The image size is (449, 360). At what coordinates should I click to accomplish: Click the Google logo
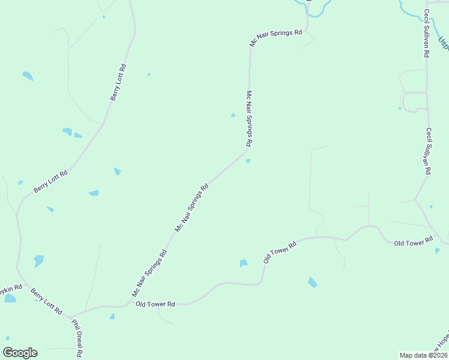[x=20, y=353]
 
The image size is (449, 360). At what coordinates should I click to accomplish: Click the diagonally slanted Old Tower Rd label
[x=280, y=252]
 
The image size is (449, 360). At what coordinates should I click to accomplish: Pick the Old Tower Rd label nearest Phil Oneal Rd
[x=155, y=305]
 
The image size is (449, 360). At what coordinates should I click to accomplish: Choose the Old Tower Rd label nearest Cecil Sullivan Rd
[x=413, y=242]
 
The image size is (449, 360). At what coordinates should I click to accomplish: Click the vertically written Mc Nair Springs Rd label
[x=250, y=119]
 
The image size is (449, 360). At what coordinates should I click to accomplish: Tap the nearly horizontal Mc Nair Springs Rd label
[x=276, y=37]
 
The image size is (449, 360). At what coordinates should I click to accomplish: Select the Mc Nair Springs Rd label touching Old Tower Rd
[x=149, y=273]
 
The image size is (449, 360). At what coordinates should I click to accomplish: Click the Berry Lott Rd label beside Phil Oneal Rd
[x=47, y=301]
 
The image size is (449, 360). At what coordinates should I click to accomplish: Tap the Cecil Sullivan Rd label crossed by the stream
[x=426, y=34]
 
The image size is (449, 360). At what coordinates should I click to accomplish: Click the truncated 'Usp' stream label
[x=443, y=43]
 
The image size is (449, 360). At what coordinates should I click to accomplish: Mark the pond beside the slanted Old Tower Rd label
[x=243, y=263]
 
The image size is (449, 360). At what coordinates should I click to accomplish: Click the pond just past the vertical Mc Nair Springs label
[x=247, y=160]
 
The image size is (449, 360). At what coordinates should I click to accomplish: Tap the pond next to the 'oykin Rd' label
[x=10, y=298]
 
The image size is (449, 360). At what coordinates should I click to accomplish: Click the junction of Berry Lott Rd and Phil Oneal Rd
[x=69, y=316]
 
